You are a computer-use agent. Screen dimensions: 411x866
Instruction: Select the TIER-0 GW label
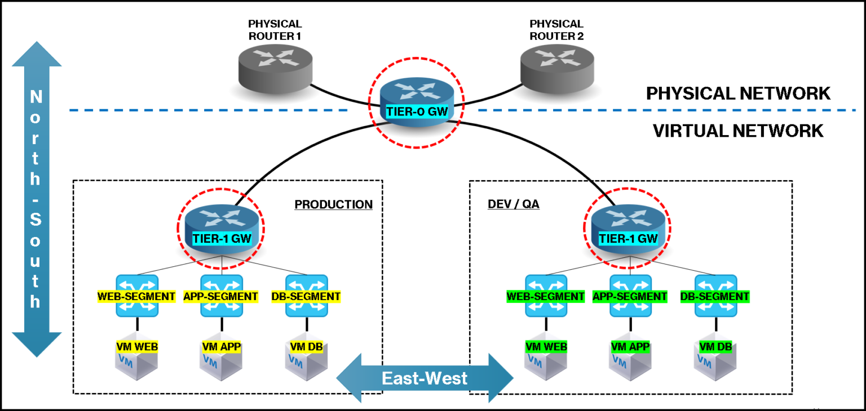[417, 111]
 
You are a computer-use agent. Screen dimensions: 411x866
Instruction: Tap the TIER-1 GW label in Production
[222, 238]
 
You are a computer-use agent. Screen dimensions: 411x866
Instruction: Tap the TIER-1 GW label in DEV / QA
[628, 238]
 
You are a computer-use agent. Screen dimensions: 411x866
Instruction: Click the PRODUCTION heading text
[333, 204]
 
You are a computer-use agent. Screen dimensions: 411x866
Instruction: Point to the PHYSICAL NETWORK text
[738, 93]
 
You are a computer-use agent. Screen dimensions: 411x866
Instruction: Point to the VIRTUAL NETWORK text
[738, 131]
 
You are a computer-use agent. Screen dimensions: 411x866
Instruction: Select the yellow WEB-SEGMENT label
[136, 296]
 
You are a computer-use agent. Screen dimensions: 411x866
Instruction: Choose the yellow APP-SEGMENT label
[220, 296]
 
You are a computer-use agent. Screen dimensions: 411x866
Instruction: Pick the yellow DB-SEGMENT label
[306, 296]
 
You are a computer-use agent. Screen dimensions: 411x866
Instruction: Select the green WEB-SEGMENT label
[546, 296]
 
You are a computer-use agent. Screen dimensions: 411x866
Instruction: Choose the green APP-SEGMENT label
[630, 296]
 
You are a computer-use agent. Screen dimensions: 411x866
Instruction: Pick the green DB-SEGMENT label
[715, 296]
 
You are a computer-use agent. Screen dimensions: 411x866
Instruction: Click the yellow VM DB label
[306, 347]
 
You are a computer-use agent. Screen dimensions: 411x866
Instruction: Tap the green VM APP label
[630, 347]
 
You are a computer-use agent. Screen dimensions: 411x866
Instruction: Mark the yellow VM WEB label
[136, 347]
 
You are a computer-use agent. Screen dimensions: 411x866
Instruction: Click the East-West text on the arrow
[425, 378]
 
